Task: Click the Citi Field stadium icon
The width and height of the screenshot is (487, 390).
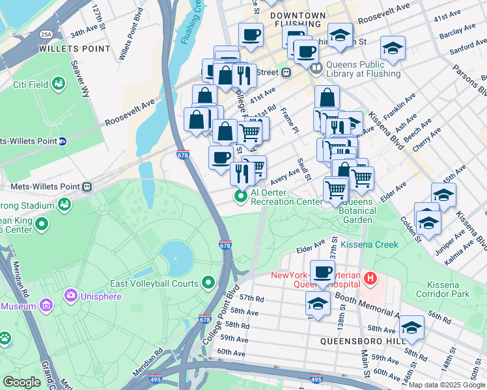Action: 59,84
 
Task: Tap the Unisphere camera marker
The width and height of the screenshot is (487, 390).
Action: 70,295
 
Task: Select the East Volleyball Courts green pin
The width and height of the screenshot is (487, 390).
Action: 208,283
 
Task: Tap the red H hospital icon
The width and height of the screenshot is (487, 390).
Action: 370,279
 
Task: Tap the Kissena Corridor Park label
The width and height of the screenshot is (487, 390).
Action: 456,290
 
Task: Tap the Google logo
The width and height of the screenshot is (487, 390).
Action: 22,382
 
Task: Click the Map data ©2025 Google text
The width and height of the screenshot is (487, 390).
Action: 447,385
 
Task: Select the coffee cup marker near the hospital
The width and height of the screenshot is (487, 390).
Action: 322,271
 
